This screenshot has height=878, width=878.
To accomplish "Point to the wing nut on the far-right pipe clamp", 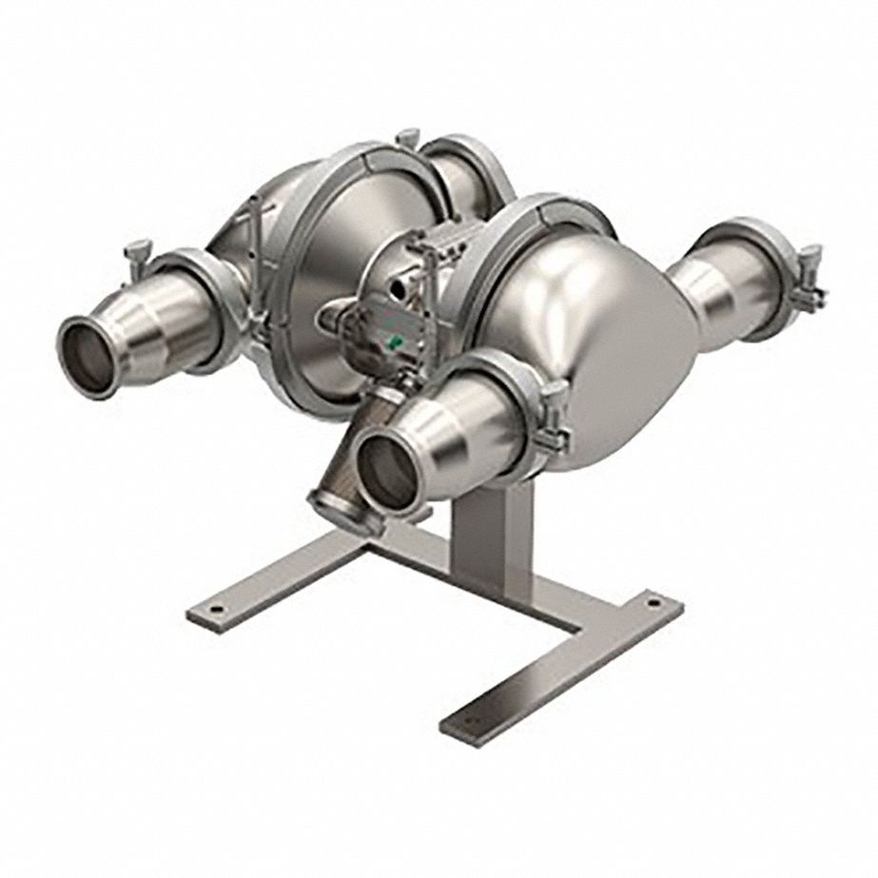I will pyautogui.click(x=811, y=258).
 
